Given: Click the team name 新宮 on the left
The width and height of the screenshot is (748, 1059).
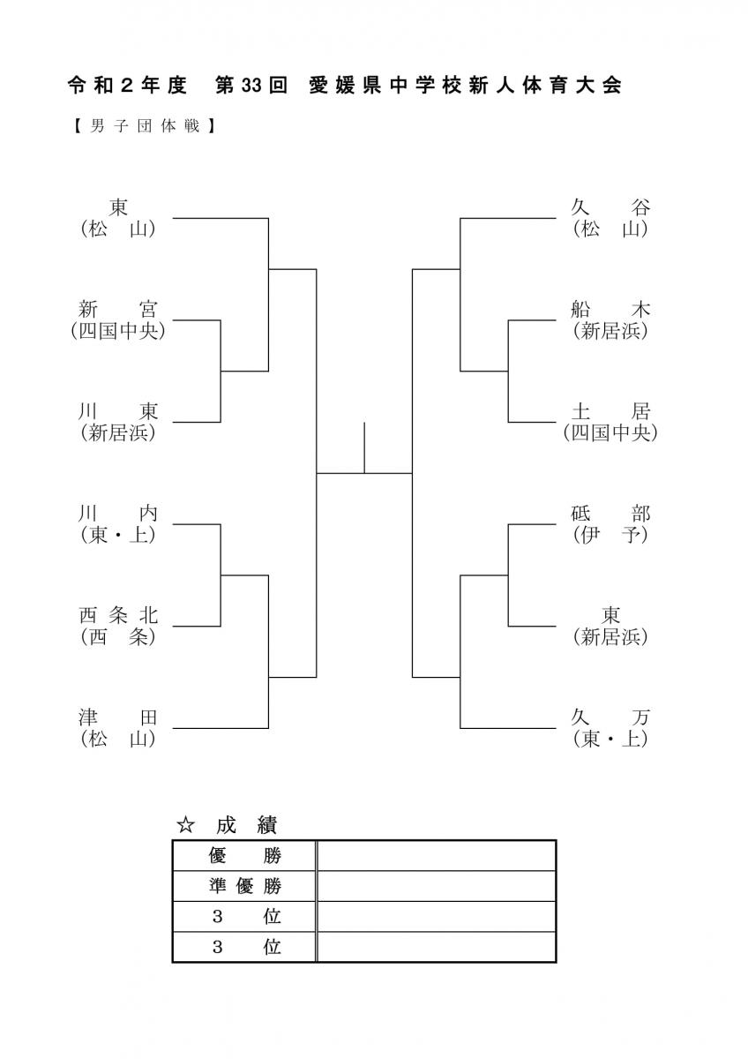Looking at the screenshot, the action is tap(118, 310).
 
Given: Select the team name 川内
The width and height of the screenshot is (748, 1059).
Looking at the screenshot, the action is tap(118, 514).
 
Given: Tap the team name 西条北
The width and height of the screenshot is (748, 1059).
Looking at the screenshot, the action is tap(118, 616).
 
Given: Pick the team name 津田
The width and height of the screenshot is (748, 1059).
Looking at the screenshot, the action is tap(118, 717).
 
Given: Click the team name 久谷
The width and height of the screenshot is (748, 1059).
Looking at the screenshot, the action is tap(610, 207).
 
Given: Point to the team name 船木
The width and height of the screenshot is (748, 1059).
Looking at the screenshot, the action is tap(610, 310).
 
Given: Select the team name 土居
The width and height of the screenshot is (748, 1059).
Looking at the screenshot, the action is tap(610, 412).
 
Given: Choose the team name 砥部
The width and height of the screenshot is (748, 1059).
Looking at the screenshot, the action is tap(610, 514).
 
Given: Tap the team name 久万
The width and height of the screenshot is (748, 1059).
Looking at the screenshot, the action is tap(610, 717).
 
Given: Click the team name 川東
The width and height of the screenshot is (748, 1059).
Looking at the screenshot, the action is tap(118, 412).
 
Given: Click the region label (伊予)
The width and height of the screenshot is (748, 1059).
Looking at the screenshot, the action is tap(610, 535).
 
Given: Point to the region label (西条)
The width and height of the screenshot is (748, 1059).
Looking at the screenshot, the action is tap(118, 637).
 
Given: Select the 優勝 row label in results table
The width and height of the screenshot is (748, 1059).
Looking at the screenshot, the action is tap(244, 855).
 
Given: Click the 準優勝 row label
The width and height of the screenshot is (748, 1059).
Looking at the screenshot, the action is tap(244, 886).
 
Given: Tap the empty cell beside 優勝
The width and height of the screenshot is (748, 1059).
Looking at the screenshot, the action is tap(436, 855).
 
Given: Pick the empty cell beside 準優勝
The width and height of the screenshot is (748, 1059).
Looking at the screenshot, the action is tap(436, 886).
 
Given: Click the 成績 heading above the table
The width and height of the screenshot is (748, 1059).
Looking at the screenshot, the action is tap(247, 825).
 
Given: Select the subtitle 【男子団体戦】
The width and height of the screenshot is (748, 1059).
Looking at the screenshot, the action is tap(144, 126).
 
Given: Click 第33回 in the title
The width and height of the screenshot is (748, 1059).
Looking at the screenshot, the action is tap(251, 86).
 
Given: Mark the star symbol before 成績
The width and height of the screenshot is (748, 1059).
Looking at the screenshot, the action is tap(186, 825).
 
